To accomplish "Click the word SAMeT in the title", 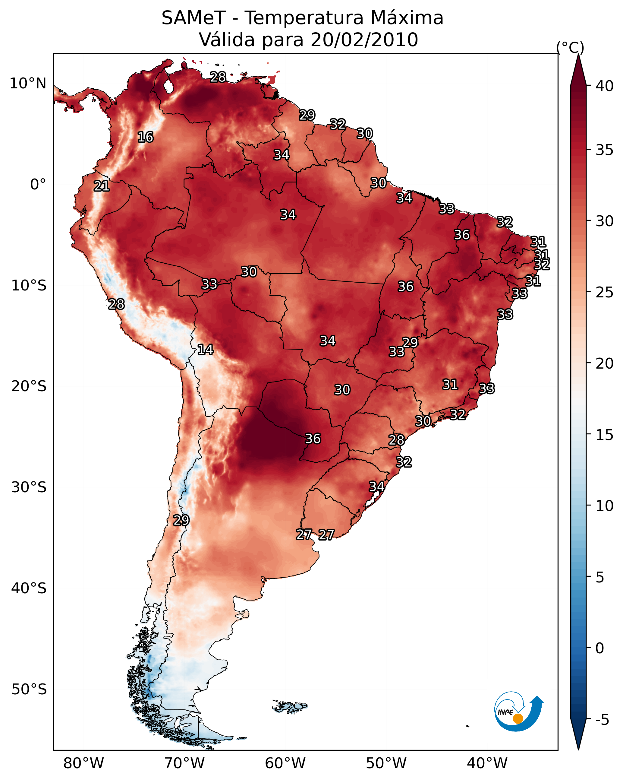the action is coord(194,18).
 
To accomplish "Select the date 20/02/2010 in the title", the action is coord(364,40).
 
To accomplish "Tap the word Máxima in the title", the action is coord(407,18).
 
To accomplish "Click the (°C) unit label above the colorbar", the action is coord(570,47).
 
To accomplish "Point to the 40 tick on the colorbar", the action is coord(604,86).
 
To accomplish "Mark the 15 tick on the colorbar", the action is coord(604,435).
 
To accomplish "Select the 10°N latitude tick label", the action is coord(28,84).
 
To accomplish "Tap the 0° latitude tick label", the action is coord(38,185).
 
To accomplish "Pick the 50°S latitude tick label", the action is coord(29,690).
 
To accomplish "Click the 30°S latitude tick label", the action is coord(29,487).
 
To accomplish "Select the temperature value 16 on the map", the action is coord(145,137).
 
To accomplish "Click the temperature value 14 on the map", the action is coord(205,350).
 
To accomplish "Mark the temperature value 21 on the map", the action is coord(102,186).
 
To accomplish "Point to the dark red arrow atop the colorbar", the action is coord(578,71).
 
